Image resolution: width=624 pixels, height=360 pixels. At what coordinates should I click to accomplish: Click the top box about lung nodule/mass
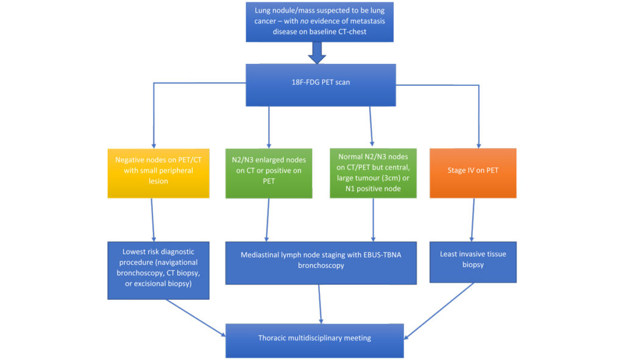(x=320, y=21)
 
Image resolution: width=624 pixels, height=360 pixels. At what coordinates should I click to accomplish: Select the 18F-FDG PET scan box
(x=320, y=82)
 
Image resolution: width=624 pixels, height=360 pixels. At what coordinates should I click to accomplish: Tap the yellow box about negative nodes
(x=154, y=171)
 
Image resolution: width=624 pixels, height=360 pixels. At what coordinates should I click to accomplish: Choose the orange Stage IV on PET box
(x=473, y=171)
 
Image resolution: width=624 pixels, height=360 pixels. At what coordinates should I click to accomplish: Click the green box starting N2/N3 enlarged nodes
(x=269, y=171)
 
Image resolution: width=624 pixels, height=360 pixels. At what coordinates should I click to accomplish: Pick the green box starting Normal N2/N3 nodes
(x=373, y=171)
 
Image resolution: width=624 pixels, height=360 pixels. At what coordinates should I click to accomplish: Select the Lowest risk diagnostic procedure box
(x=158, y=270)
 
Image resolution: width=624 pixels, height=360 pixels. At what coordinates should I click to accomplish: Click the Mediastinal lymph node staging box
(x=322, y=261)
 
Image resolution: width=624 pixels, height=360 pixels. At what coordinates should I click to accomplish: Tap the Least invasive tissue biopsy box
(x=473, y=260)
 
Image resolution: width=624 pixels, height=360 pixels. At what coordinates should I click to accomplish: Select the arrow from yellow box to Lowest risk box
(x=153, y=219)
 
